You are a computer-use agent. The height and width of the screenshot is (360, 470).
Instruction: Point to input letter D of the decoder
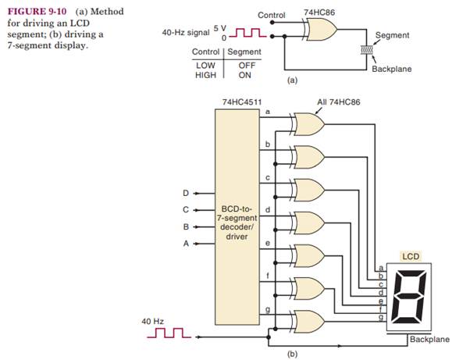tap(186, 191)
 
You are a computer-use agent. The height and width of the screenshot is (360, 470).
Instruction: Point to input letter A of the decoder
tap(186, 244)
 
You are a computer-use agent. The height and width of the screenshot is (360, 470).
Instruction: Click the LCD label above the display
tap(410, 256)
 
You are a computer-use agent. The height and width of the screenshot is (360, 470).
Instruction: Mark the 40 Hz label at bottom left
tap(153, 321)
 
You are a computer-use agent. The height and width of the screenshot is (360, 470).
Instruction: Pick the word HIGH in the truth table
tap(205, 75)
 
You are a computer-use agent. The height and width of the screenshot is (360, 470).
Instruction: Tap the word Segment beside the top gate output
tap(392, 36)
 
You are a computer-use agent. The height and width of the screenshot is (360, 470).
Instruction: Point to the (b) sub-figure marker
tap(292, 353)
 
